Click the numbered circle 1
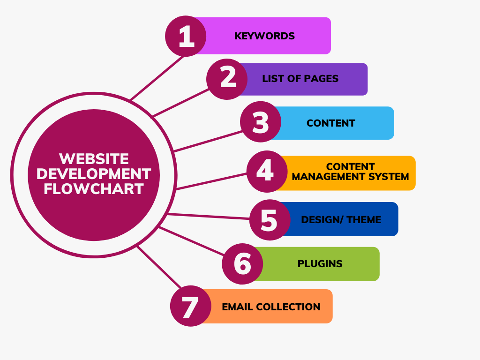point(186,36)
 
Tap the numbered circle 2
point(227,79)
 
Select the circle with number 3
point(261,122)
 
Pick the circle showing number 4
point(266,172)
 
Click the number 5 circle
point(270,220)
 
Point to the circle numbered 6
point(242,263)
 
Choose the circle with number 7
point(190,307)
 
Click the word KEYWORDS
point(264,36)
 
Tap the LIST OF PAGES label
point(300,79)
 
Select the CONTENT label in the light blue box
point(330,123)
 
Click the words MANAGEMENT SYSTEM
point(350,177)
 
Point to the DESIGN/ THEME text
point(341,220)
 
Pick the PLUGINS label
point(320,264)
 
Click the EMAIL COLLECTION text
point(271,307)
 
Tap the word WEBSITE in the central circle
point(94,158)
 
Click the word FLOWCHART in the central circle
point(94,189)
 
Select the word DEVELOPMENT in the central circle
point(94,174)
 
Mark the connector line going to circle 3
point(208,141)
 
